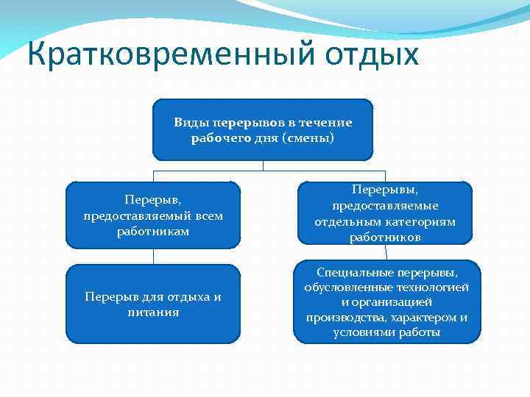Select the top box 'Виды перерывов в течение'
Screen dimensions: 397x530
(x=263, y=129)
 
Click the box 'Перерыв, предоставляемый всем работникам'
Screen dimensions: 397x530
(x=153, y=215)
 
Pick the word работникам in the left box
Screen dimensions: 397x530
(x=153, y=232)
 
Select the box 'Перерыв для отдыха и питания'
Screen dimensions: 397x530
(x=153, y=304)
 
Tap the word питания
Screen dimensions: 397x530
(x=153, y=312)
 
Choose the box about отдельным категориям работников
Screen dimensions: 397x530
(x=384, y=213)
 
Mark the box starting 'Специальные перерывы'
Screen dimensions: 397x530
(x=386, y=301)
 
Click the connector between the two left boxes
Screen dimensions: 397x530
(x=153, y=257)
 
